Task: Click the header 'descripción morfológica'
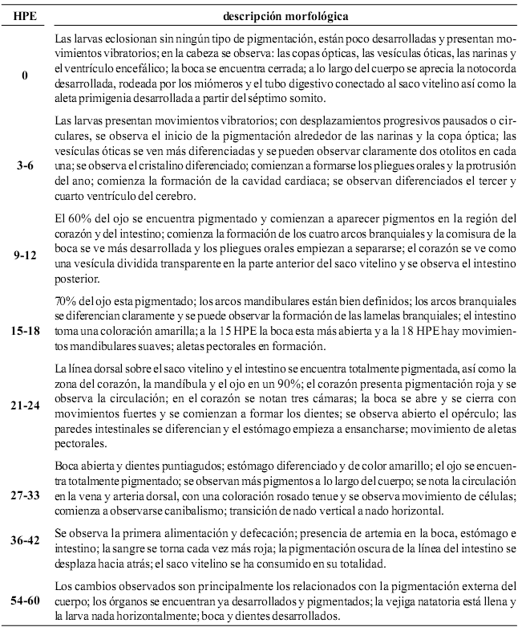pos(279,14)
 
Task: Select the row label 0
pos(26,75)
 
